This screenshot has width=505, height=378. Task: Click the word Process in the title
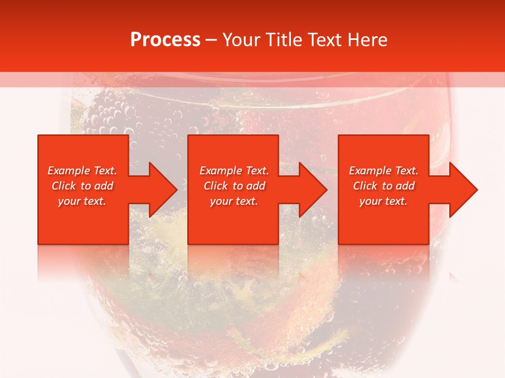(165, 40)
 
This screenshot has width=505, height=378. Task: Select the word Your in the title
(239, 40)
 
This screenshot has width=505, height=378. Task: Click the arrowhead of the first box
(161, 190)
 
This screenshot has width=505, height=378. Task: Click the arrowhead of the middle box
(311, 190)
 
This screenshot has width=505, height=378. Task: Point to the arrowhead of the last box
(461, 190)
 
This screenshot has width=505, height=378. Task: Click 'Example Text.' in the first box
(83, 171)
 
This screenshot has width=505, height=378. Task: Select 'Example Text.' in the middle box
(234, 171)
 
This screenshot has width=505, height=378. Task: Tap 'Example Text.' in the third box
(383, 171)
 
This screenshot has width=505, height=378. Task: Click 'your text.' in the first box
(83, 201)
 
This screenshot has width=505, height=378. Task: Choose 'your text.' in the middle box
(234, 201)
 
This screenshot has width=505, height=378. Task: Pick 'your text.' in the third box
(383, 201)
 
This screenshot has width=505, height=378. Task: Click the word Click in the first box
(64, 186)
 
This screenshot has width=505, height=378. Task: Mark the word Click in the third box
(366, 186)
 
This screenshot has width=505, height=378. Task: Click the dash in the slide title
(211, 40)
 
